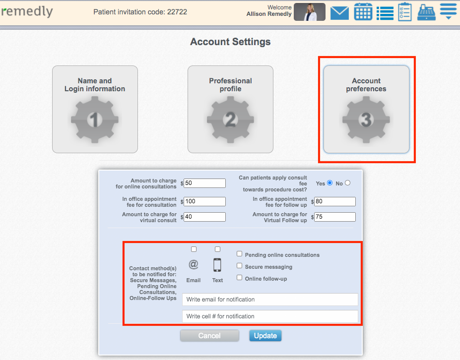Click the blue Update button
tap(265, 336)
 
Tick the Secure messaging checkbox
tap(240, 266)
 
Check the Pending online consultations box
tap(240, 254)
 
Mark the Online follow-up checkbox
tap(240, 278)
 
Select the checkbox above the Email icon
tap(194, 249)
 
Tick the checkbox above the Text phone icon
tap(217, 249)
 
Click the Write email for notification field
tap(270, 300)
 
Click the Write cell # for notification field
tap(270, 316)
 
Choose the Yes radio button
tap(330, 183)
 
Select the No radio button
tap(347, 183)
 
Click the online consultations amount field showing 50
tap(204, 183)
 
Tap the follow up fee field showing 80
tap(334, 201)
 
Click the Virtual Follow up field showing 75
tap(334, 217)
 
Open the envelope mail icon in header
tap(339, 12)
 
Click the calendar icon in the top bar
tap(363, 12)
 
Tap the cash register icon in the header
tap(426, 12)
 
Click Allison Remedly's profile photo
tap(309, 12)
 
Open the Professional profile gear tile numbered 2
tap(230, 109)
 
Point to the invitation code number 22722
tap(177, 12)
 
